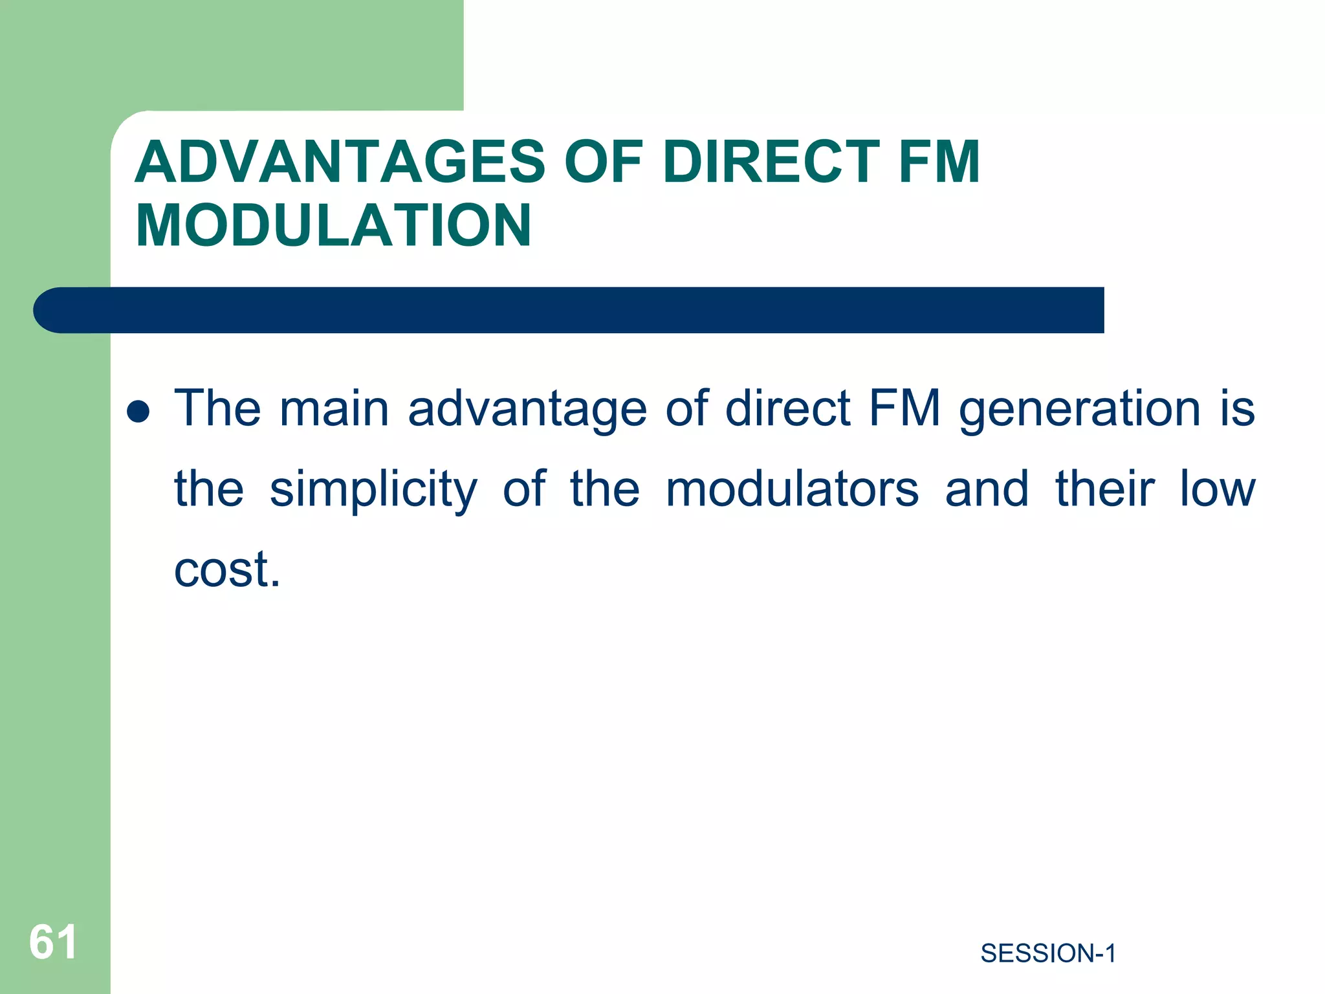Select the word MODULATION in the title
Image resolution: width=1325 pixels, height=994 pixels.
(x=333, y=225)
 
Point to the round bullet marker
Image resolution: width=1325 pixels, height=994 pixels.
(x=138, y=412)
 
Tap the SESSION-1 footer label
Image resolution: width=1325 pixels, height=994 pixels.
(x=1048, y=953)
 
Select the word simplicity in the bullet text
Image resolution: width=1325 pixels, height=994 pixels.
(x=373, y=490)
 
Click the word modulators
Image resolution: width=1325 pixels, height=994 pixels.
(x=792, y=489)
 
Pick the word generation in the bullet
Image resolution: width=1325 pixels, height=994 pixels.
(x=1080, y=410)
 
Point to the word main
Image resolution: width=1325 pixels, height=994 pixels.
(x=334, y=409)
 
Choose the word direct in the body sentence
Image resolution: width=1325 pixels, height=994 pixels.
(x=787, y=409)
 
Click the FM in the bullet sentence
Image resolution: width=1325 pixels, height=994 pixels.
(x=904, y=409)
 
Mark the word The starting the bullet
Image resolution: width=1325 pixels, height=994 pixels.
(x=218, y=409)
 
